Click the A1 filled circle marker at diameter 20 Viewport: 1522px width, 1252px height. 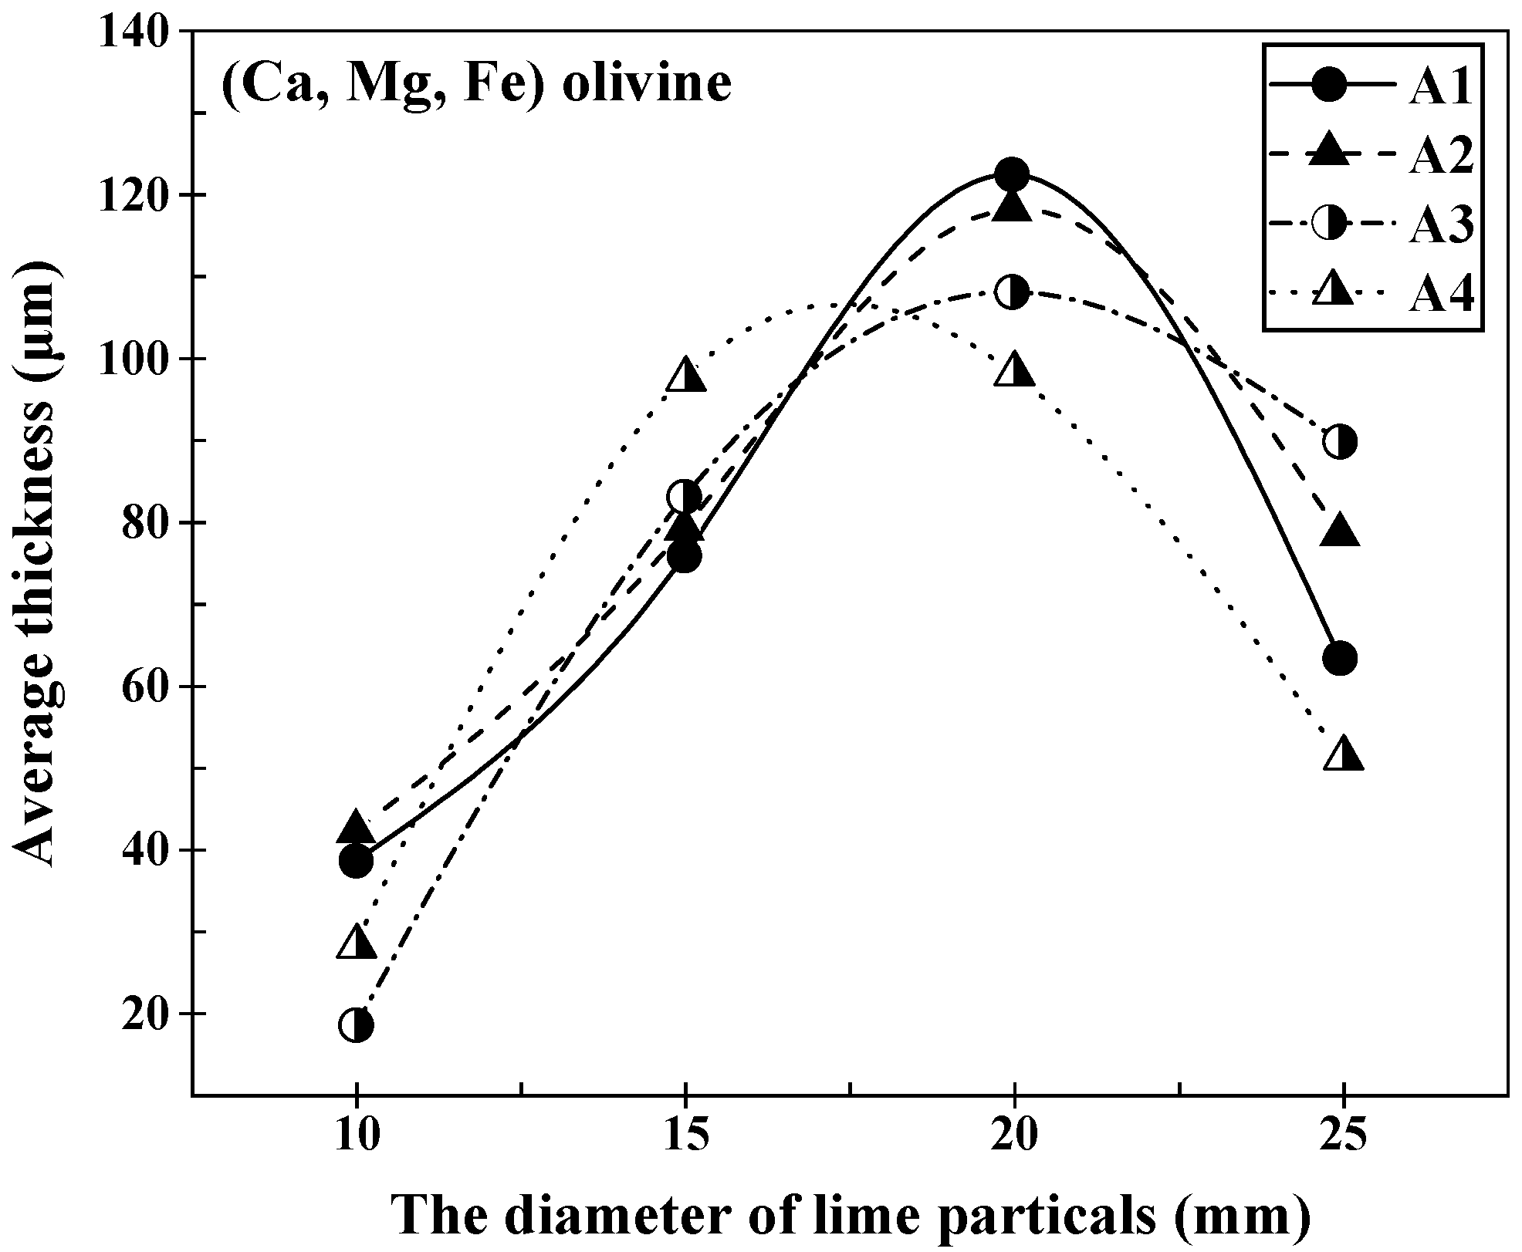[x=1012, y=174]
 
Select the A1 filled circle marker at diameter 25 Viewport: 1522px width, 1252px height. [x=1341, y=658]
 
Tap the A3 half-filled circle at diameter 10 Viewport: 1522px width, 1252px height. [x=356, y=1024]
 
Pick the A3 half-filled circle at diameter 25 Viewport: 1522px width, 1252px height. [x=1341, y=442]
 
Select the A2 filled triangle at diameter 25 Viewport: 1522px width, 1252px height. [x=1341, y=532]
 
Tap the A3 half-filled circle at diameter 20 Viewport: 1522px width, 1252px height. [x=1012, y=292]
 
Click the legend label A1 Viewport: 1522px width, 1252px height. [x=1440, y=88]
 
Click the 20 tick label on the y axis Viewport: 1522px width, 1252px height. [x=148, y=1014]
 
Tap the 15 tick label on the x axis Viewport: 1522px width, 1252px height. [x=685, y=1136]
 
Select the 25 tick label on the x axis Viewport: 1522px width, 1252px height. [x=1343, y=1136]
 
